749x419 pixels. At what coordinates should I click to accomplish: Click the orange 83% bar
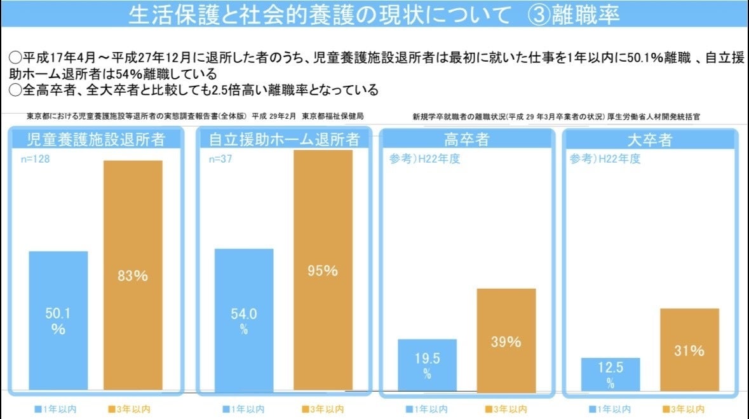(x=133, y=275)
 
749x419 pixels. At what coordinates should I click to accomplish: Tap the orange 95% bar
(x=322, y=270)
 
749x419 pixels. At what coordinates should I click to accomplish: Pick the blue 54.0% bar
(x=244, y=319)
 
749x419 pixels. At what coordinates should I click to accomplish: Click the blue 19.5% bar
(x=427, y=364)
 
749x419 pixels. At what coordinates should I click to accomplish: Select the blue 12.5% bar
(x=610, y=373)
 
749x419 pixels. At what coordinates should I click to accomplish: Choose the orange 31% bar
(x=689, y=349)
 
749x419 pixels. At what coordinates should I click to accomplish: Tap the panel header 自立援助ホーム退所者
(x=284, y=139)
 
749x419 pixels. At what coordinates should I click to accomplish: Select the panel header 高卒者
(x=466, y=139)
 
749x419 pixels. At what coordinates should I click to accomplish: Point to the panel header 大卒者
(x=649, y=139)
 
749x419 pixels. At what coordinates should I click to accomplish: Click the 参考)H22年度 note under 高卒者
(x=424, y=159)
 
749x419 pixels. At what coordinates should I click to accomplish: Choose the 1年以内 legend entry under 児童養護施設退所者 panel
(x=58, y=409)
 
